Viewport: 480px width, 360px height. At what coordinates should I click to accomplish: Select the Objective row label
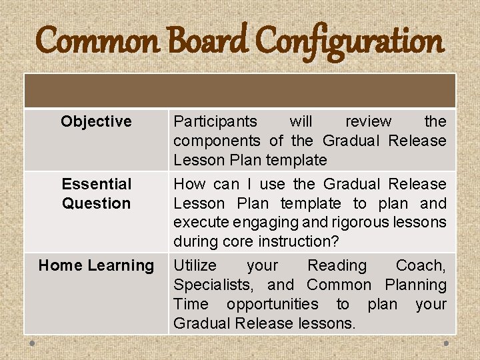(96, 121)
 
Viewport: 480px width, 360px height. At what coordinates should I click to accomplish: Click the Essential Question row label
(96, 193)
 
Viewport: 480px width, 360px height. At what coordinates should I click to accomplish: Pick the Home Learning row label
(96, 265)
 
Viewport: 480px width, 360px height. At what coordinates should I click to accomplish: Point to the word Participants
(215, 121)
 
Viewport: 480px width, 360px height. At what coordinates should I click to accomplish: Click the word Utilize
(195, 265)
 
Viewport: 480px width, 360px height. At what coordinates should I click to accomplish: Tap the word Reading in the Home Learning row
(337, 265)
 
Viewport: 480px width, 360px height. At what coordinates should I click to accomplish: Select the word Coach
(421, 265)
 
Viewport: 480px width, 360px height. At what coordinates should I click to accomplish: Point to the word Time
(190, 304)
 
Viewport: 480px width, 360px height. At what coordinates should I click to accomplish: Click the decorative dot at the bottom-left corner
(31, 344)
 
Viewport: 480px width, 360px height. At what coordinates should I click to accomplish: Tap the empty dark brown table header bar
(240, 91)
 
